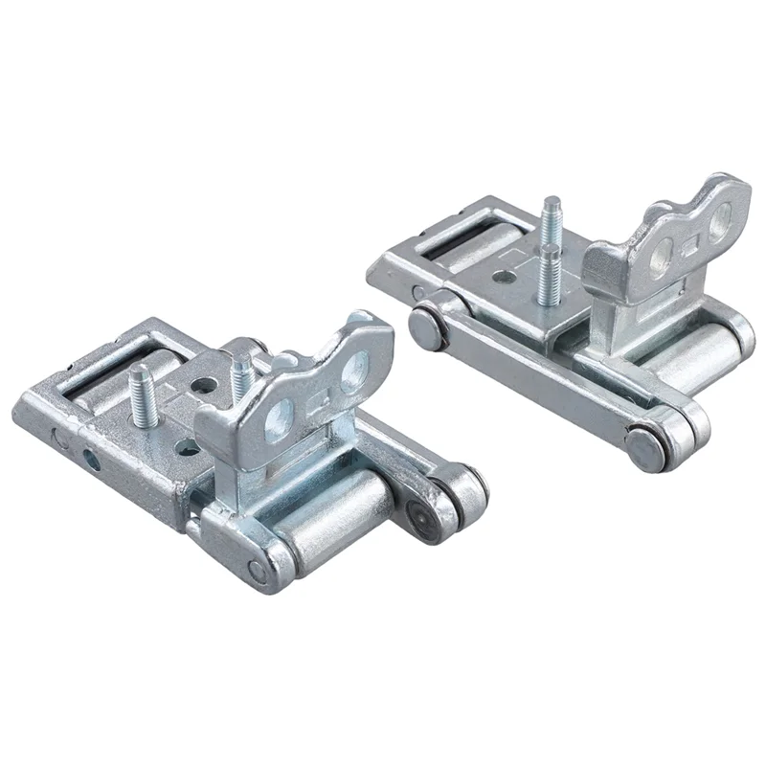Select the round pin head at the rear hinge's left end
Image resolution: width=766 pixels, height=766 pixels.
point(427,326)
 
